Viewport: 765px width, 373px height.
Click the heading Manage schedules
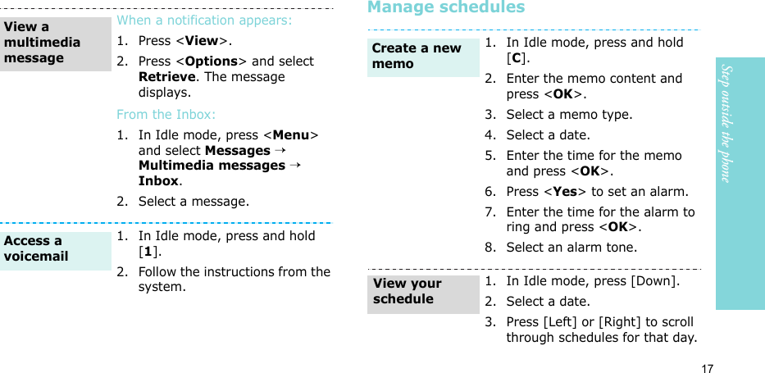point(446,8)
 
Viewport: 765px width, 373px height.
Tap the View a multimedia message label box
point(55,43)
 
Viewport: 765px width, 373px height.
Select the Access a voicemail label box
point(55,249)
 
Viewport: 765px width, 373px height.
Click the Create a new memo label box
point(423,56)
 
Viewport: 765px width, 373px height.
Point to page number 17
point(707,368)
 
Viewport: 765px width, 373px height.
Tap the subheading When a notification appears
point(204,20)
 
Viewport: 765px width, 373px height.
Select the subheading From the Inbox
point(166,115)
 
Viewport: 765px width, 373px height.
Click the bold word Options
point(212,61)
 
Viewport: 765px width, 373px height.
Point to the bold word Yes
point(564,192)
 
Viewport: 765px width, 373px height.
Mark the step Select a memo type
point(569,115)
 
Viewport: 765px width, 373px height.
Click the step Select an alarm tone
point(571,247)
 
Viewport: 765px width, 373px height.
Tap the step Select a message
point(194,202)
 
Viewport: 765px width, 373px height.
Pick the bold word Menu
point(296,135)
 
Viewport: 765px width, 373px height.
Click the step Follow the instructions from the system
point(234,280)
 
